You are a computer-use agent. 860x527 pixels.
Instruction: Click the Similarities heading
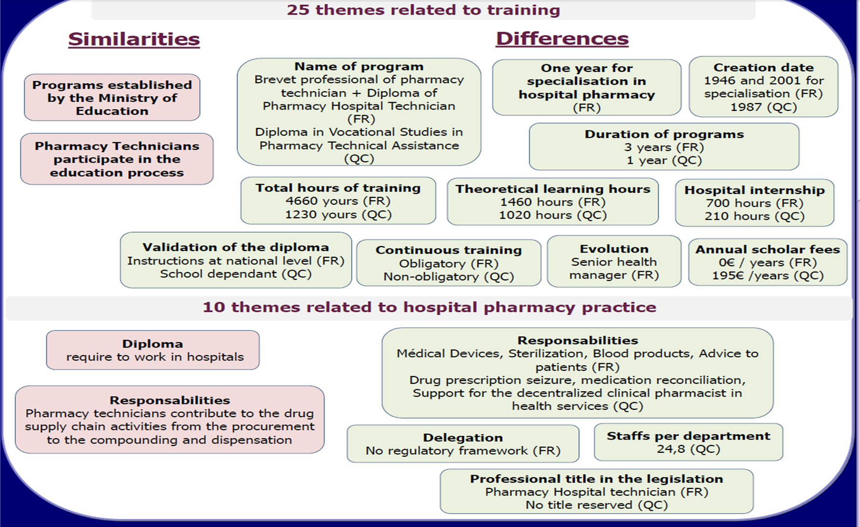134,39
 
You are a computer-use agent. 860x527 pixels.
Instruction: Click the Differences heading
562,39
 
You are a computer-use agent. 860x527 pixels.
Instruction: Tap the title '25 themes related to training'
423,10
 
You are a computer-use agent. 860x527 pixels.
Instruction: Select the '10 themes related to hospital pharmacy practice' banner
429,307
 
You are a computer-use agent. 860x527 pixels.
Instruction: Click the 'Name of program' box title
359,66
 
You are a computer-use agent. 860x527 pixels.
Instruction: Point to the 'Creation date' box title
763,67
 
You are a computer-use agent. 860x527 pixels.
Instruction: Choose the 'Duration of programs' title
664,134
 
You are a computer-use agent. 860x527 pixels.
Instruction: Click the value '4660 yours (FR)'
338,201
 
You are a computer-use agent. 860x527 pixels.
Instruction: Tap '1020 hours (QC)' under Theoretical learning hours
552,215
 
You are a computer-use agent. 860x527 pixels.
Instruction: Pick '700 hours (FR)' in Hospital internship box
754,203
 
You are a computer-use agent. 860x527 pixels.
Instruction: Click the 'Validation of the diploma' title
235,248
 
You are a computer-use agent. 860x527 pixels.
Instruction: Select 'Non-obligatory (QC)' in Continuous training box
448,277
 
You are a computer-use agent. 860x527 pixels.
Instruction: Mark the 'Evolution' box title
614,249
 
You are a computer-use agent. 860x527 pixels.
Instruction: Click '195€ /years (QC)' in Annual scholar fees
767,275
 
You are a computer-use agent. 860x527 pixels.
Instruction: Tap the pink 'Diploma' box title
152,344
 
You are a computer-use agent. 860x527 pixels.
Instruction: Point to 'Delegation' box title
462,438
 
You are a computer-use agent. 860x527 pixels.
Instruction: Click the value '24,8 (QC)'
688,449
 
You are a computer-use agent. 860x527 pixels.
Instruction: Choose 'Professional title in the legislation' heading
596,479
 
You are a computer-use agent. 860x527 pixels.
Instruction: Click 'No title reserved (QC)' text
596,505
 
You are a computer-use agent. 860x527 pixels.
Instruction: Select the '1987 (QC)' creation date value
763,107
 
